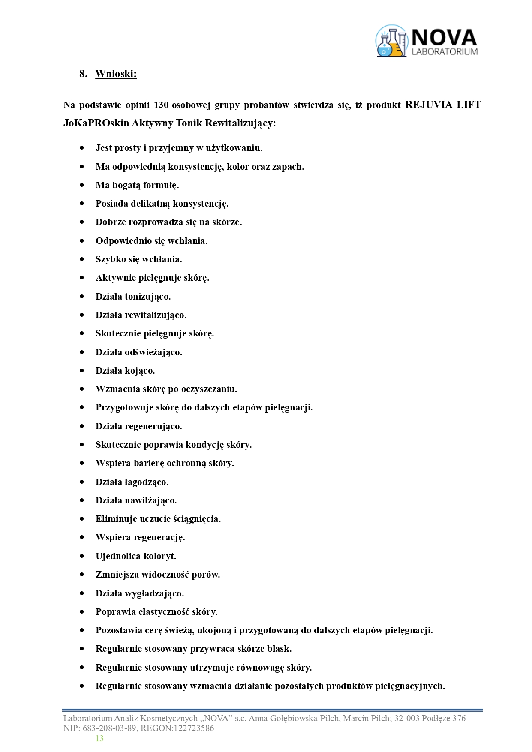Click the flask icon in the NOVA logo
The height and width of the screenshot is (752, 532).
point(391,42)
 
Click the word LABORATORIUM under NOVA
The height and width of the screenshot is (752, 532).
point(445,52)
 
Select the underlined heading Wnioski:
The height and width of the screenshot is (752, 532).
point(116,74)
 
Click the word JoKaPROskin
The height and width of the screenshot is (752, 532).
point(96,123)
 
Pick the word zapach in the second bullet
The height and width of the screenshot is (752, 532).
point(288,167)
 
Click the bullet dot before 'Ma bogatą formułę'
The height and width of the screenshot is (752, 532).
point(82,185)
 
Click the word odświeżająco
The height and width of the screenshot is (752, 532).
point(153,352)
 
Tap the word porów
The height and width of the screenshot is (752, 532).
point(206,575)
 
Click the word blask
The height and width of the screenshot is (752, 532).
point(279,649)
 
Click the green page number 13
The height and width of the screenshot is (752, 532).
point(99,738)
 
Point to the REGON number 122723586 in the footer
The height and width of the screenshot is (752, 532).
point(193,728)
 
